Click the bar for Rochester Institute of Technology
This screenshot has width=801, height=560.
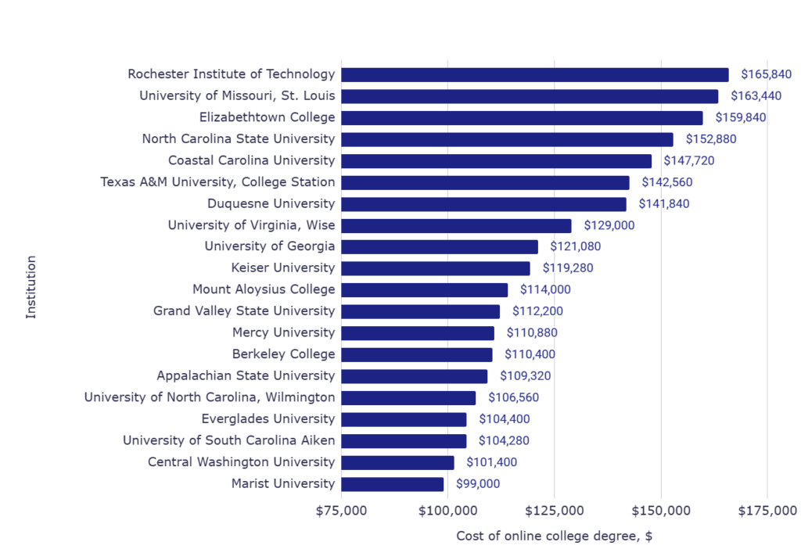click(x=534, y=74)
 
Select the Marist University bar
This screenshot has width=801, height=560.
click(x=392, y=483)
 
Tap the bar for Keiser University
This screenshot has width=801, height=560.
click(x=435, y=268)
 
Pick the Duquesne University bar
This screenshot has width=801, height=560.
click(x=483, y=204)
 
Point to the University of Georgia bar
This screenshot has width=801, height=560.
click(x=439, y=246)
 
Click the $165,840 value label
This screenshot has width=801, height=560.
click(x=767, y=74)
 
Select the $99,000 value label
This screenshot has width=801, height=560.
click(x=478, y=483)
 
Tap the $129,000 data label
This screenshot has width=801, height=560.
click(x=609, y=225)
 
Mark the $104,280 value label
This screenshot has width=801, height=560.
click(x=504, y=440)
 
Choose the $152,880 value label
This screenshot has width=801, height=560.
click(x=711, y=139)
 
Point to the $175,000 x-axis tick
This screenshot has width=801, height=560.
click(x=767, y=512)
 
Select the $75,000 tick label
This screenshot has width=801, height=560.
click(x=342, y=512)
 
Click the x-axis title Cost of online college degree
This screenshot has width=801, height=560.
click(x=554, y=536)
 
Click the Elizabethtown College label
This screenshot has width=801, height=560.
click(x=267, y=117)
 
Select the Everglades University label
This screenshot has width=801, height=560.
click(x=268, y=418)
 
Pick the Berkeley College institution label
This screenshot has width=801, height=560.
click(x=283, y=354)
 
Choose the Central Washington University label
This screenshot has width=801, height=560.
click(x=241, y=461)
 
